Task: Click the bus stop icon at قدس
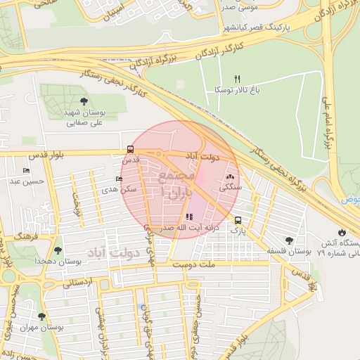(x=130, y=149)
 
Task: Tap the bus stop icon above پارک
(x=238, y=219)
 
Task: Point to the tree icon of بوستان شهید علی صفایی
(x=84, y=101)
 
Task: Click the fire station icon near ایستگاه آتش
(x=342, y=231)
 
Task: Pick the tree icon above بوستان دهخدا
(x=57, y=250)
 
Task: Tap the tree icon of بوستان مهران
(x=41, y=316)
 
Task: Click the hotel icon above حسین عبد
(x=27, y=170)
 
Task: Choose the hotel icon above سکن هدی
(x=118, y=179)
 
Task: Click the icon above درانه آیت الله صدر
(x=188, y=217)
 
